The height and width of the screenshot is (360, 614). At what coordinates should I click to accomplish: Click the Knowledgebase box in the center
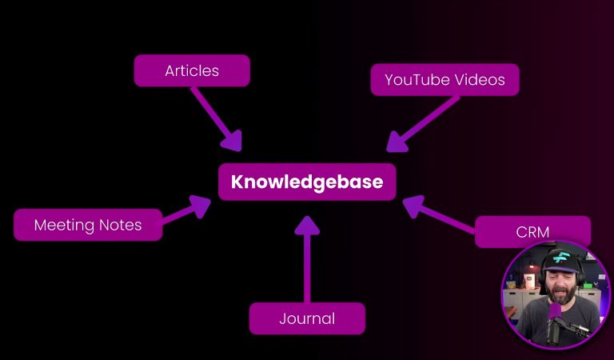[307, 182]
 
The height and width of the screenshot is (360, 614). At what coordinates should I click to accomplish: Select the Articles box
[192, 70]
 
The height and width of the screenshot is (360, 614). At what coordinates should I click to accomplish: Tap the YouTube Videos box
[445, 79]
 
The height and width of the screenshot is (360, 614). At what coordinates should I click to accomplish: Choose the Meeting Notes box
[88, 225]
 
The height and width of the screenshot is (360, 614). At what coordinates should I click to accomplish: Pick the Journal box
[307, 318]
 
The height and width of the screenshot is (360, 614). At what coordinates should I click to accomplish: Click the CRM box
[532, 232]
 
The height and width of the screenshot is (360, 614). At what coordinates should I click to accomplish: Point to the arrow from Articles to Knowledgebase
[216, 119]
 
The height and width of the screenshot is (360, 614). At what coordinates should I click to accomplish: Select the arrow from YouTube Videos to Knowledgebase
[423, 124]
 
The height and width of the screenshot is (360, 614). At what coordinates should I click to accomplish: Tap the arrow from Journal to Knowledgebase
[307, 259]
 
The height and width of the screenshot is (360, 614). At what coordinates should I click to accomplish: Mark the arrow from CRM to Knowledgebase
[440, 214]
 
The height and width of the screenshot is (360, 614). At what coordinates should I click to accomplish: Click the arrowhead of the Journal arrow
[307, 226]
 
